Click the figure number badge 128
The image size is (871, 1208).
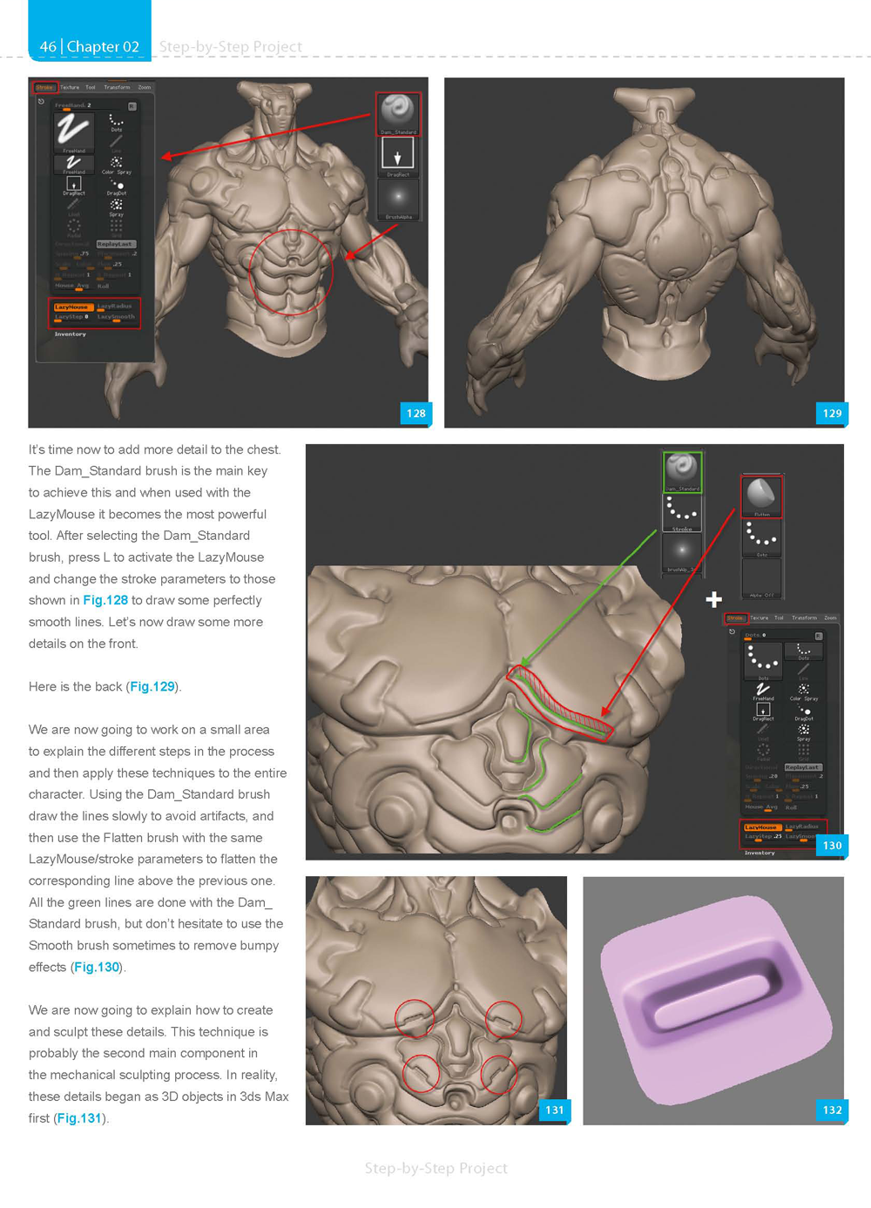click(415, 413)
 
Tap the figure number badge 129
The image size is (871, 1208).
click(832, 413)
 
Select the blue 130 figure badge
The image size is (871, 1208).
click(832, 845)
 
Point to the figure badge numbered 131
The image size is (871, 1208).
click(554, 1110)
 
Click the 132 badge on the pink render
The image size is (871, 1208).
click(832, 1110)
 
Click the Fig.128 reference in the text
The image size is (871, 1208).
click(105, 600)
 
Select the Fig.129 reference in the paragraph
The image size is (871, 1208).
click(152, 686)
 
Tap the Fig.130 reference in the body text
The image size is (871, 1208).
click(97, 967)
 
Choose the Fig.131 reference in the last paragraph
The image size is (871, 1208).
click(79, 1117)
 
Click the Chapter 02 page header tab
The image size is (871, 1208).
click(90, 46)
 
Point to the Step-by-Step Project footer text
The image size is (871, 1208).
click(435, 1168)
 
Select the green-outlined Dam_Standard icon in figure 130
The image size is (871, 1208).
click(682, 469)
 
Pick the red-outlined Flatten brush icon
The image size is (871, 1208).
click(761, 495)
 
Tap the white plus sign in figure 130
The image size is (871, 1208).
click(714, 599)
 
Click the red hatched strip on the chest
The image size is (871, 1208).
click(562, 701)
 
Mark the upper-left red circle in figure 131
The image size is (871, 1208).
click(415, 1017)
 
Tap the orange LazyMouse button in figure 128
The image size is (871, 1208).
click(71, 307)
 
